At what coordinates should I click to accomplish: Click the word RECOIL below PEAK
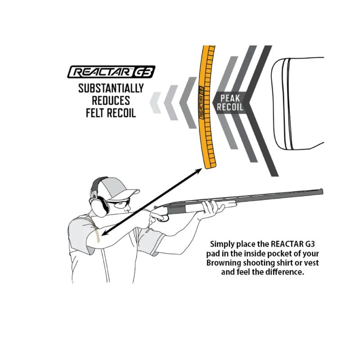pyautogui.click(x=231, y=107)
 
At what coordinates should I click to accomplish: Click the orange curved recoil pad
pyautogui.click(x=205, y=108)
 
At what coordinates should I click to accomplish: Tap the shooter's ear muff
pyautogui.click(x=100, y=205)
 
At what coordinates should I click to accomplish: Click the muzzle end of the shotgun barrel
pyautogui.click(x=321, y=191)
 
